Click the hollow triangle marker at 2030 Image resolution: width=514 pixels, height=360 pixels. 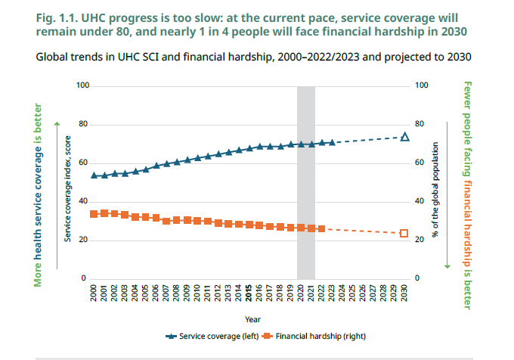[x=404, y=137]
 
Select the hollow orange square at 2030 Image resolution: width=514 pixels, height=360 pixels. [x=404, y=234]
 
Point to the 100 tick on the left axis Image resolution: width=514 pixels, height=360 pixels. [x=82, y=86]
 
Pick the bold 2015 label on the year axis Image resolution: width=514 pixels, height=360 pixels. [x=249, y=293]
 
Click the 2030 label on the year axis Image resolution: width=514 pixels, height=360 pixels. [x=404, y=293]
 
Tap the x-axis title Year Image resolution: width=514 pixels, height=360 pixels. [x=249, y=318]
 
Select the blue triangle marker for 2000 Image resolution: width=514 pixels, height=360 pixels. [x=94, y=175]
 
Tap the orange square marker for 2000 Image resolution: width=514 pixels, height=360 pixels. [x=94, y=214]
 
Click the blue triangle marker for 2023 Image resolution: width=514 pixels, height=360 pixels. [x=331, y=142]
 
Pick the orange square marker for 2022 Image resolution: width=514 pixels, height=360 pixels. [x=321, y=228]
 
